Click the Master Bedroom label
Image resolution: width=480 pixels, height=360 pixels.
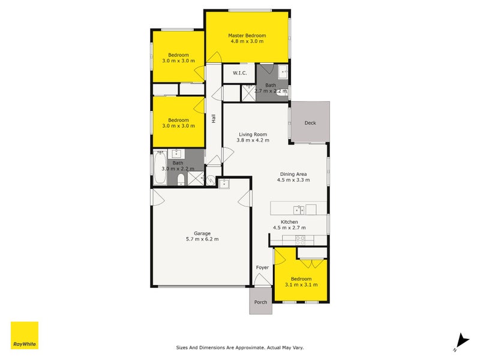point(247,35)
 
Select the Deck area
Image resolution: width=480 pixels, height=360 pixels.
point(310,123)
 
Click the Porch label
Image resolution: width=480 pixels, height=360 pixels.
point(260,302)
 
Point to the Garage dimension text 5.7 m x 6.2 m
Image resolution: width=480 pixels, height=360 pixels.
point(202,239)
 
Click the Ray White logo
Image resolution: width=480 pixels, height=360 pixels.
point(25,335)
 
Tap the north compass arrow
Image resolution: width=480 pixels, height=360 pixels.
point(460,340)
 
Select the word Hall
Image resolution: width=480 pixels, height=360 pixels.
point(214,119)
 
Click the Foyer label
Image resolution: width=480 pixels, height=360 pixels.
point(262,268)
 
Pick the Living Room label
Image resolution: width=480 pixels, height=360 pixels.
point(253,134)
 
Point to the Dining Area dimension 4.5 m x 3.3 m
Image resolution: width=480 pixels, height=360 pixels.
point(293,179)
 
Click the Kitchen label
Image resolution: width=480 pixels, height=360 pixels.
point(289,221)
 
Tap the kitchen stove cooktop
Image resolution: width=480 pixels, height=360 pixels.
point(300,239)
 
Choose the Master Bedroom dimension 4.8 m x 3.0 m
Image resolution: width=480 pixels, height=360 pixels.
point(247,42)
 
